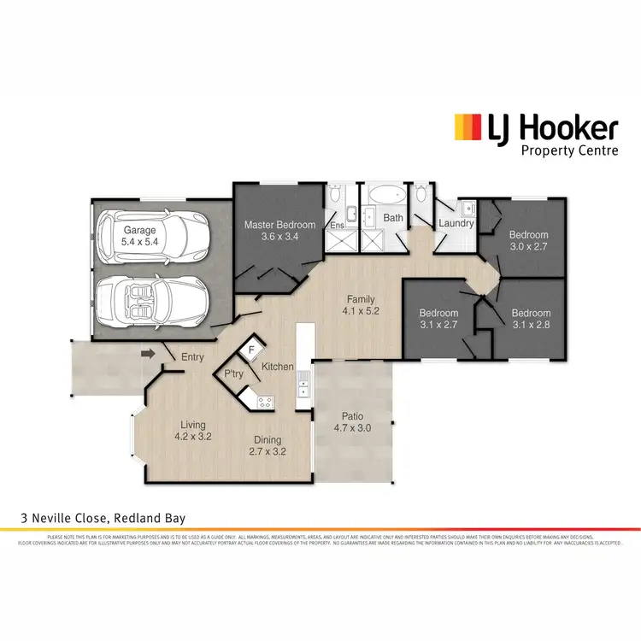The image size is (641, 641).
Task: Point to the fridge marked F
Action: point(251,349)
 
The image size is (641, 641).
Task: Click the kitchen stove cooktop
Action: point(264,400)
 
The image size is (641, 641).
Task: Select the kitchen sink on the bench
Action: point(303,389)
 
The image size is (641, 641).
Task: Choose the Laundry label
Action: point(456,224)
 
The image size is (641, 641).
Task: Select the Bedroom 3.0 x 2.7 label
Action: point(528,240)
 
